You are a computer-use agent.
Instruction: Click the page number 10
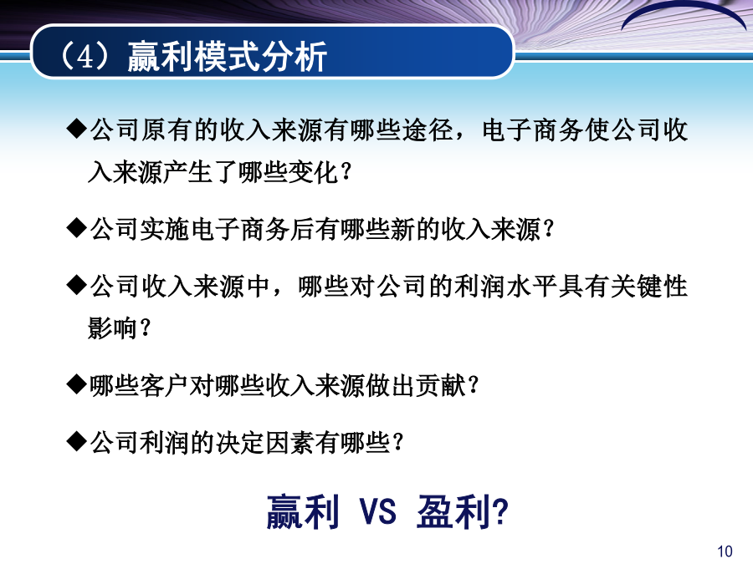[725, 551]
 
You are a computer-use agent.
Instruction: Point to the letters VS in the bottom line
[378, 511]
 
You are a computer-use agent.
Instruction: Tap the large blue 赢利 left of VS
[303, 511]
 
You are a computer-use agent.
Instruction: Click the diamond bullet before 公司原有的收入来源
[77, 130]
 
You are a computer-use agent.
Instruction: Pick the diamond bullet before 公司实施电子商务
[77, 228]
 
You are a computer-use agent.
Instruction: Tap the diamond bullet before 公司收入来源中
[77, 286]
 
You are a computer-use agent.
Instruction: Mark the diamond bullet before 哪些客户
[77, 384]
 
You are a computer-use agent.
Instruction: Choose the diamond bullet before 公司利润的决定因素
[77, 441]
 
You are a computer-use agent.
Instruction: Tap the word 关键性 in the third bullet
[649, 286]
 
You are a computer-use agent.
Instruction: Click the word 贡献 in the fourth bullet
[441, 385]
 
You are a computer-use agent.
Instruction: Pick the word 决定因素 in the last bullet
[265, 442]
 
